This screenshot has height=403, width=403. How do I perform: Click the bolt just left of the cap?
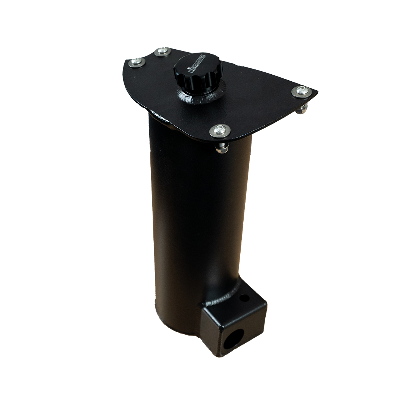click(x=161, y=52)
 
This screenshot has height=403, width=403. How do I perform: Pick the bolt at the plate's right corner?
click(x=301, y=91)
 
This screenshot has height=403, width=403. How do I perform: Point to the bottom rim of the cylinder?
click(x=175, y=328)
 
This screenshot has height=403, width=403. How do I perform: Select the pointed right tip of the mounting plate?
click(x=317, y=91)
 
